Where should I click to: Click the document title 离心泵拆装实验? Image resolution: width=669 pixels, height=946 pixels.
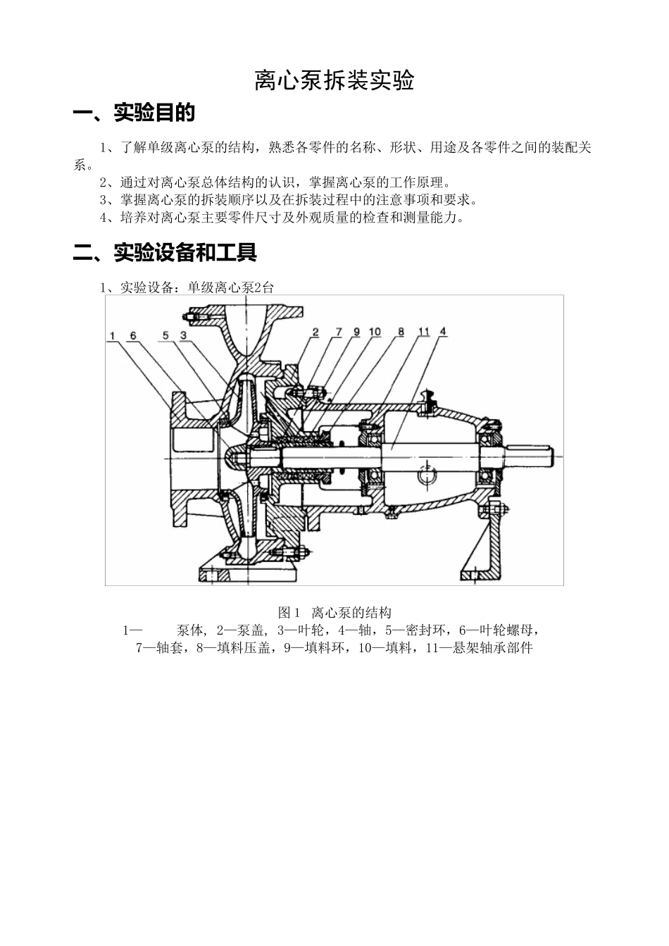tap(334, 82)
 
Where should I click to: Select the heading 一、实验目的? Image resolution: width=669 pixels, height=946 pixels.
tap(134, 113)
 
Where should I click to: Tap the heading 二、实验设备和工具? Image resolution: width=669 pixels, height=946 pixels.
tap(165, 252)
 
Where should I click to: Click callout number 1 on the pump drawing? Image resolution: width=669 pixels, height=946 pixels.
tap(113, 336)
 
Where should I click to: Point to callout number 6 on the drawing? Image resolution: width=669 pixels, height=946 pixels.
tap(132, 336)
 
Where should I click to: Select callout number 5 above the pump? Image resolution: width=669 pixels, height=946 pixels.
tap(166, 336)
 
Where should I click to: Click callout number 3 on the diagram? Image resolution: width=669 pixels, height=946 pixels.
tap(182, 336)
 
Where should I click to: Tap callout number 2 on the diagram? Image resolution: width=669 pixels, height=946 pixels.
tap(315, 331)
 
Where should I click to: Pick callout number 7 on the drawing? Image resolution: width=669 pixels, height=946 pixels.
tap(338, 331)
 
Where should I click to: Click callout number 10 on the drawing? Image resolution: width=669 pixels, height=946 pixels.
tap(375, 331)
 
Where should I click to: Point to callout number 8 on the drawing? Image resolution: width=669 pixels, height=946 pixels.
tap(401, 331)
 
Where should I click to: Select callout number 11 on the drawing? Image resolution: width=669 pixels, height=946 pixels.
tap(424, 331)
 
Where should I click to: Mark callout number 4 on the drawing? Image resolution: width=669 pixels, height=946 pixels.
tap(442, 331)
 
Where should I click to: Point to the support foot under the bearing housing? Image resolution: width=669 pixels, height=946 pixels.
tap(486, 549)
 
